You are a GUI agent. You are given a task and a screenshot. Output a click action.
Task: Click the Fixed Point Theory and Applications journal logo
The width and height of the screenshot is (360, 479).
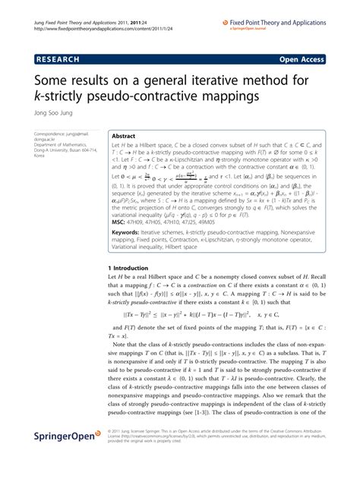[x=293, y=11]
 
